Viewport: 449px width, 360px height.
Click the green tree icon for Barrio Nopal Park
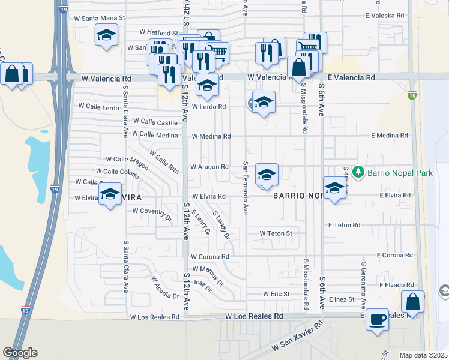tap(359, 173)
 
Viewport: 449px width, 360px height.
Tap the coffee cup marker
tap(377, 319)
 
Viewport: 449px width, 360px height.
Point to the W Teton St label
tap(276, 233)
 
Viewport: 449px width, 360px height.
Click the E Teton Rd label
tap(344, 225)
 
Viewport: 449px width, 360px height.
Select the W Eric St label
tap(276, 294)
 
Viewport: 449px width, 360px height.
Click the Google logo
tap(20, 353)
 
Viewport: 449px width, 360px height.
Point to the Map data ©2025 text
tap(423, 355)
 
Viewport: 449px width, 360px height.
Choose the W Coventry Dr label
tap(152, 211)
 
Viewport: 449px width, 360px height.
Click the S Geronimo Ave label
tap(364, 277)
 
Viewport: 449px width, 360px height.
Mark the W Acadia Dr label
tap(165, 287)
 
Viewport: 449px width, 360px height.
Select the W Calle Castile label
tap(155, 122)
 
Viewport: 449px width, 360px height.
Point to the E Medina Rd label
tap(389, 136)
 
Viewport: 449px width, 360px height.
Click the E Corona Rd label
tap(395, 255)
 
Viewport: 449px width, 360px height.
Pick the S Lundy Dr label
tap(221, 224)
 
